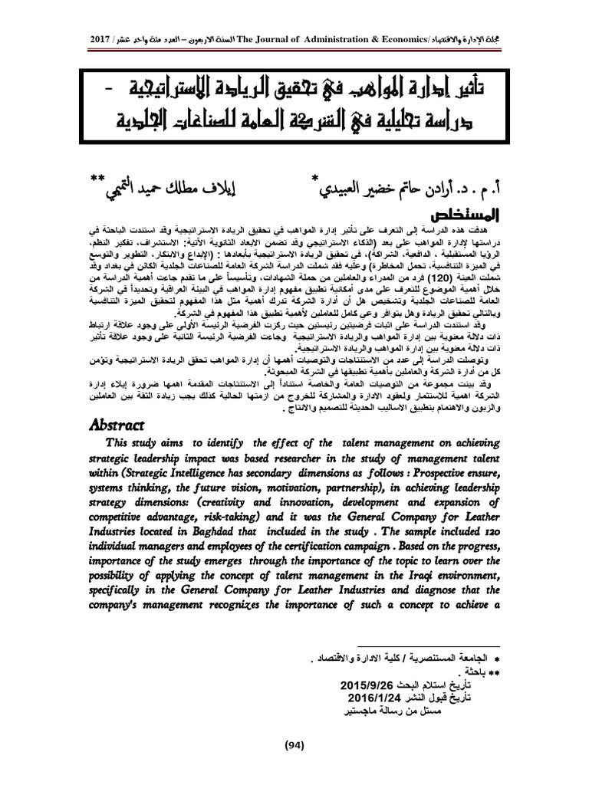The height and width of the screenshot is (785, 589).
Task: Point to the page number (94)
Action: click(294, 744)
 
